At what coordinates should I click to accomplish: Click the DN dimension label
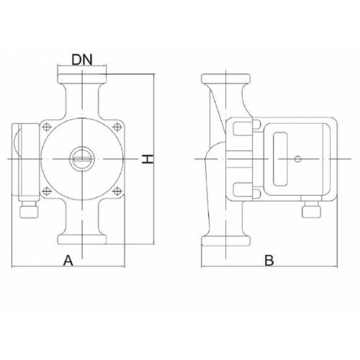coord(82,60)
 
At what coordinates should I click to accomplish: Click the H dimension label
coord(148,159)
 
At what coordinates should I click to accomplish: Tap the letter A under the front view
coord(68,261)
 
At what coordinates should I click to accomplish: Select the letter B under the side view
coord(269,260)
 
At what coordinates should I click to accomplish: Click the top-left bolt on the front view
coord(47,127)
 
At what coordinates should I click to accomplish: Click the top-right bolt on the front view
coord(117,127)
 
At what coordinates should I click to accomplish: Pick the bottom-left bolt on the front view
coord(47,192)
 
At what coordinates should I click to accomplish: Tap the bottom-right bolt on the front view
coord(117,192)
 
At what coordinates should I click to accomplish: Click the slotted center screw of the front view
coord(82,158)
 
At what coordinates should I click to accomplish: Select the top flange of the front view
coord(82,78)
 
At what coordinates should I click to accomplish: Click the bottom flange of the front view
coord(82,240)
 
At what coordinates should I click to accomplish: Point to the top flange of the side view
coord(226,78)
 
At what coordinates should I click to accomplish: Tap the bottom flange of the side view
coord(226,240)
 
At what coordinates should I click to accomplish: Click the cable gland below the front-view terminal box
coord(29,210)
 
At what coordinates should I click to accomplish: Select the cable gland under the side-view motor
coord(311,210)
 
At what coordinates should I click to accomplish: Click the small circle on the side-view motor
coord(297,159)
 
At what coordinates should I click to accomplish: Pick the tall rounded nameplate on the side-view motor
coord(280,159)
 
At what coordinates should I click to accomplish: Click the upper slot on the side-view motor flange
coord(242,128)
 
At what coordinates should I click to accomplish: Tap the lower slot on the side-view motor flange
coord(242,189)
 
